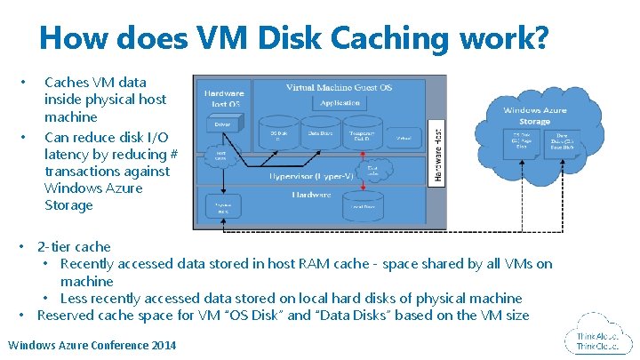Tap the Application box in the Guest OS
(x=340, y=103)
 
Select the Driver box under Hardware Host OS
(x=222, y=124)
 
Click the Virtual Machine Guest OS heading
(x=339, y=87)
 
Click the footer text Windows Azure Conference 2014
(x=92, y=345)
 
